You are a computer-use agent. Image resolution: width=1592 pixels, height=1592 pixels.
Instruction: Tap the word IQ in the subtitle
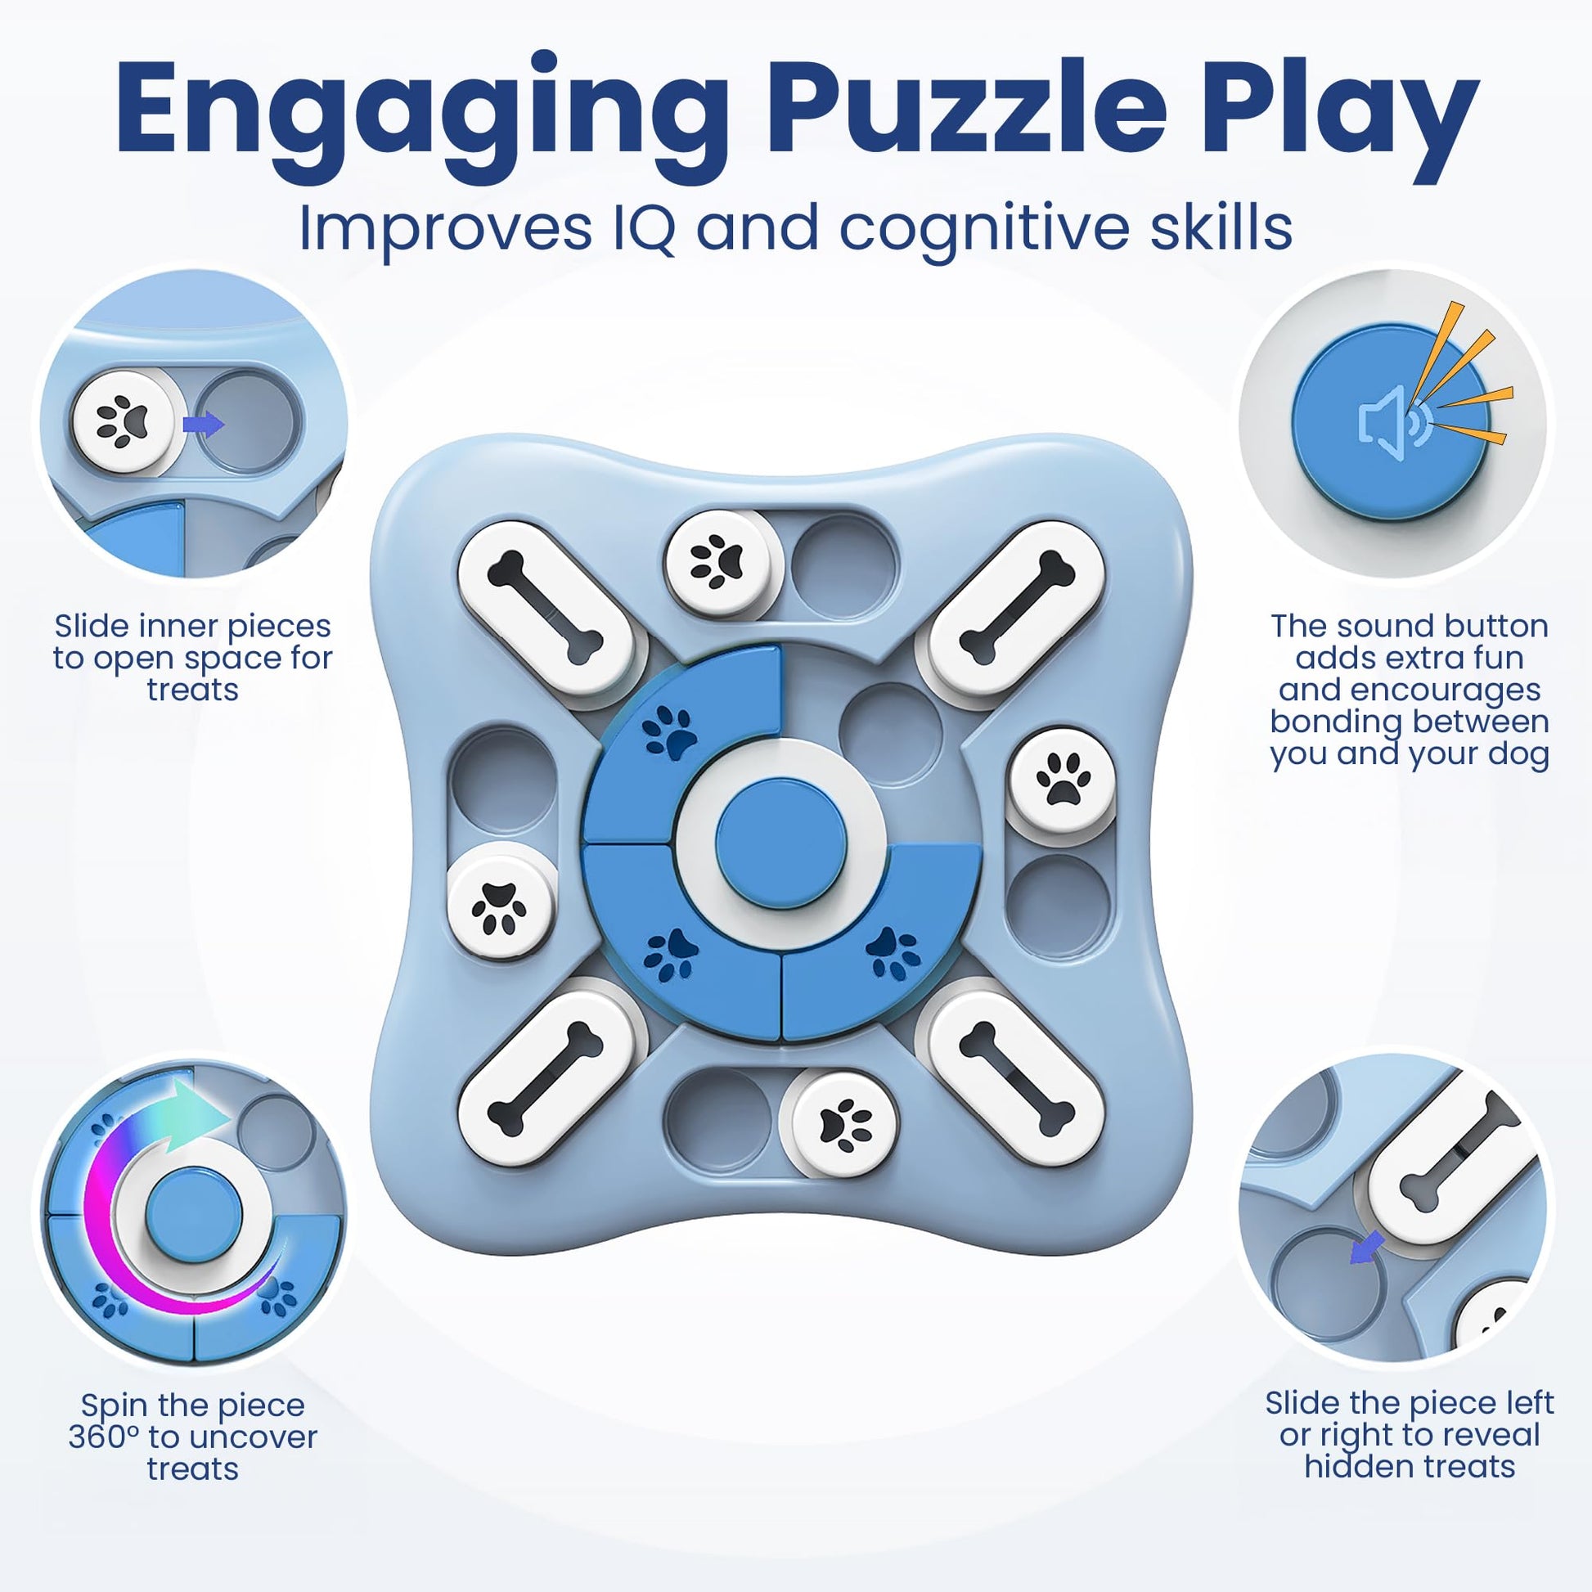click(x=644, y=228)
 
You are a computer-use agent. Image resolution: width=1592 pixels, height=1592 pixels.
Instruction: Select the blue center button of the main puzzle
click(x=781, y=843)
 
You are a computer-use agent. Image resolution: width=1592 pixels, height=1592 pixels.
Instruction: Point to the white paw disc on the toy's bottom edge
click(x=844, y=1122)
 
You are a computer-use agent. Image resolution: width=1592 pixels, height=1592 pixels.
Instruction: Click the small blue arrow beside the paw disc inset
click(x=203, y=425)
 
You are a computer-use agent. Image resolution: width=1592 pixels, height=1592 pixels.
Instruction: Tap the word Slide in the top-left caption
click(x=91, y=627)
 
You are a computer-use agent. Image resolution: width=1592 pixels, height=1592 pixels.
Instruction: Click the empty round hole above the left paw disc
click(x=502, y=780)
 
